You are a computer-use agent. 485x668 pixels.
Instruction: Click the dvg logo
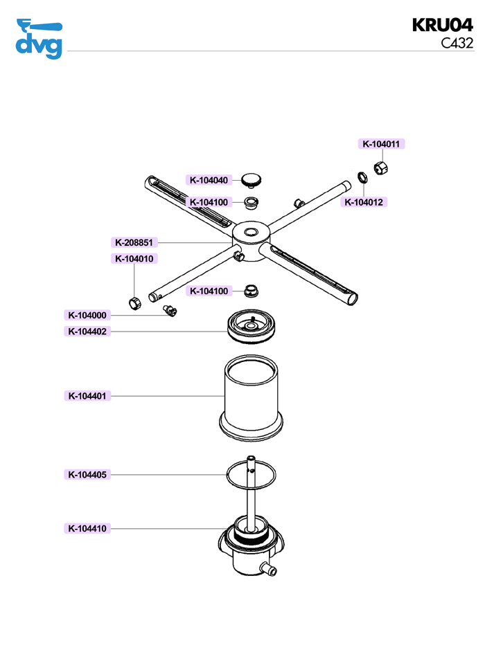39,39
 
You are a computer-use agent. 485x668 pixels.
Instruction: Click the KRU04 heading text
442,26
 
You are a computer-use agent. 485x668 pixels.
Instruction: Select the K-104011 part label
382,144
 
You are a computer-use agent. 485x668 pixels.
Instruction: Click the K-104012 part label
365,202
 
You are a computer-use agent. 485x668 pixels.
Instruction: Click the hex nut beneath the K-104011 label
380,167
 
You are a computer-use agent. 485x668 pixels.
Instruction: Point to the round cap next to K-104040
252,180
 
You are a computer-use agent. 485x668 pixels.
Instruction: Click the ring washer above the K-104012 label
362,177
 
